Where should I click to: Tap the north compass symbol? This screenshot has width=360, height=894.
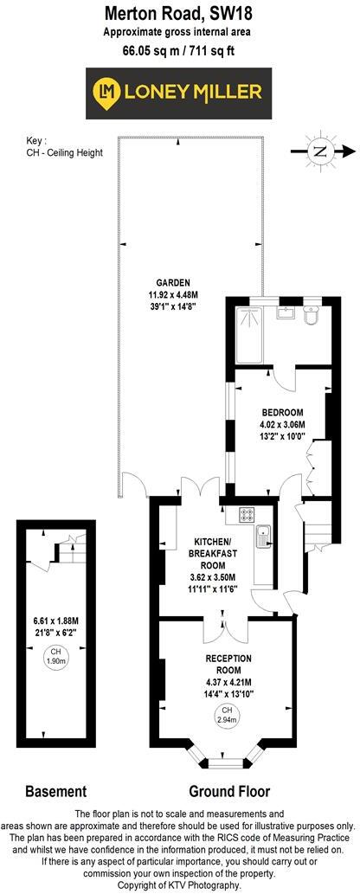pos(321,151)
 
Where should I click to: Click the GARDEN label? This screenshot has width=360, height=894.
pos(172,281)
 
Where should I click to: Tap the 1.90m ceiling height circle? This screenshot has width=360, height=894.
pos(55,654)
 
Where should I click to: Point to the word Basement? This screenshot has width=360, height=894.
pos(55,791)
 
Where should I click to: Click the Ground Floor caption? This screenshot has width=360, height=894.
pos(229,791)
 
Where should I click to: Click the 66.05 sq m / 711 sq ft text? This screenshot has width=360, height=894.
pos(180,50)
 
